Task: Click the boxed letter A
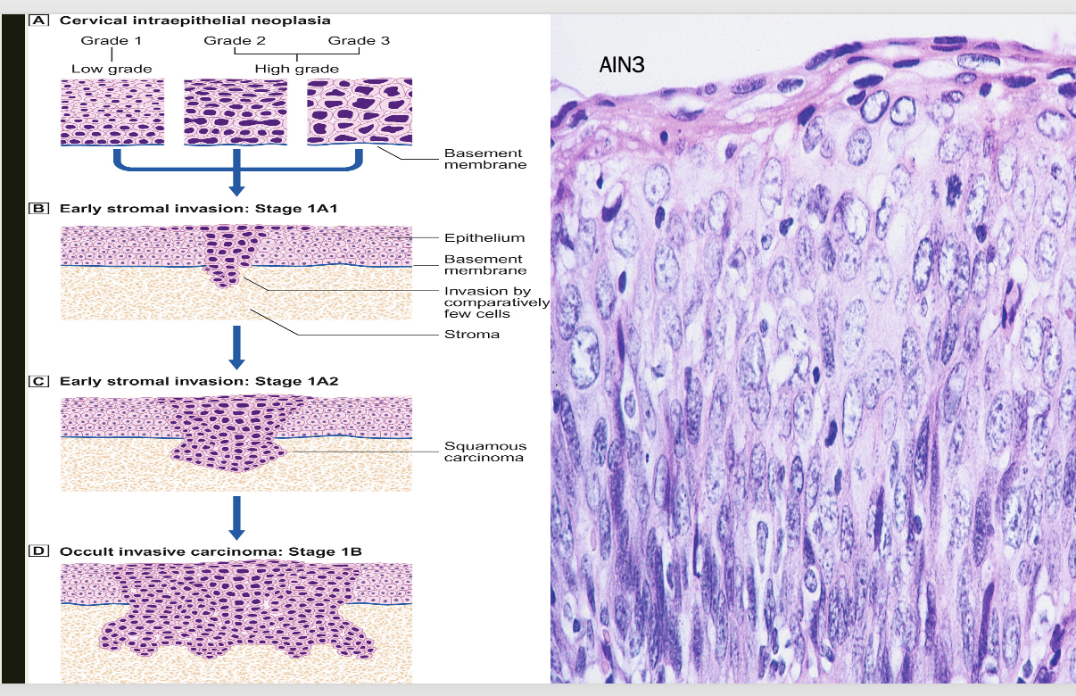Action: pyautogui.click(x=38, y=21)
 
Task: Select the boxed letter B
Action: pyautogui.click(x=38, y=209)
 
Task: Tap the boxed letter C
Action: pyautogui.click(x=38, y=381)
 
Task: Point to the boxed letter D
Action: pyautogui.click(x=38, y=551)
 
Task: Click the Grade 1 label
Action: pyautogui.click(x=112, y=41)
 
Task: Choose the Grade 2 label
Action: pyautogui.click(x=235, y=41)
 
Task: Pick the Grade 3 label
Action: pyautogui.click(x=359, y=41)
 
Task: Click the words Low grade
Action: pyautogui.click(x=112, y=69)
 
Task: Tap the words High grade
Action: pyautogui.click(x=297, y=69)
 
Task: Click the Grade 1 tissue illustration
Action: pyautogui.click(x=112, y=112)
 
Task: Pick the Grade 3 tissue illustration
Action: pyautogui.click(x=360, y=112)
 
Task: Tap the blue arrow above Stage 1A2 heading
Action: pyautogui.click(x=236, y=347)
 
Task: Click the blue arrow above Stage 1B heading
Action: pyautogui.click(x=236, y=518)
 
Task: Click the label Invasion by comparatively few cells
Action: pyautogui.click(x=496, y=302)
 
